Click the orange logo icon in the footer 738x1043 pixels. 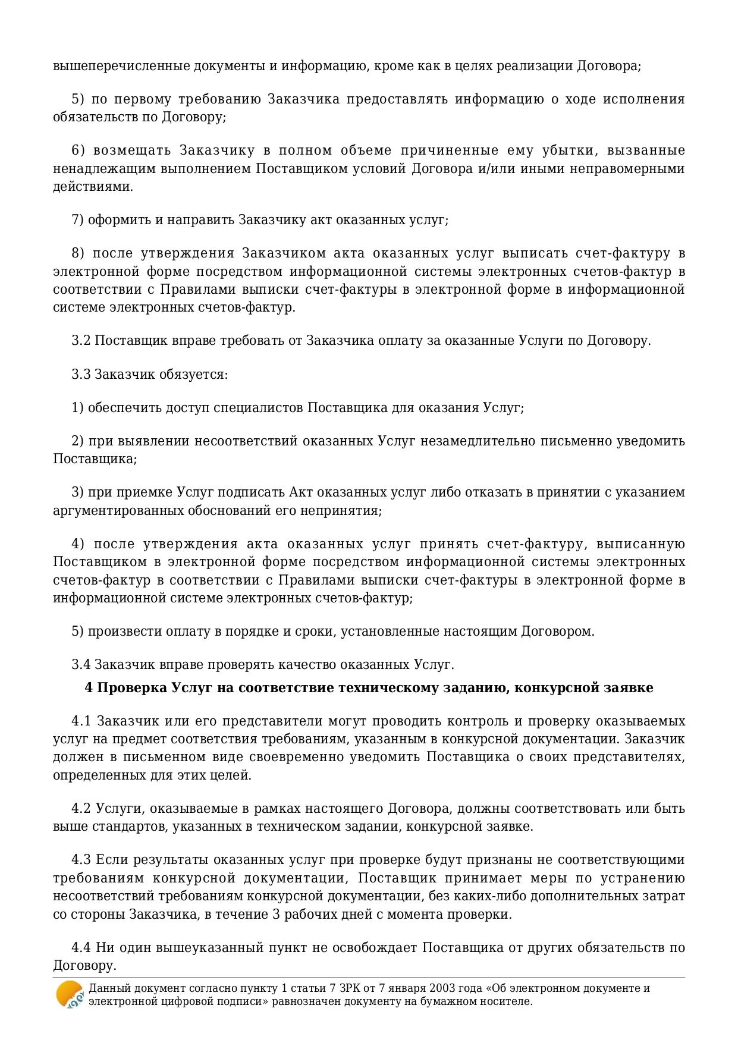pos(70,994)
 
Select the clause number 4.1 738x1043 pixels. pos(81,721)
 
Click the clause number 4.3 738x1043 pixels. pos(81,860)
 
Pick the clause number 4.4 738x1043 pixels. pos(81,947)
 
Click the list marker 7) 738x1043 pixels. pos(78,220)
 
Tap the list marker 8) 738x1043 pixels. pos(78,253)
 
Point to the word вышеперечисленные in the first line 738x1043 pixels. pos(121,66)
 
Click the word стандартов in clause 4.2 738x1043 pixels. pos(125,827)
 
